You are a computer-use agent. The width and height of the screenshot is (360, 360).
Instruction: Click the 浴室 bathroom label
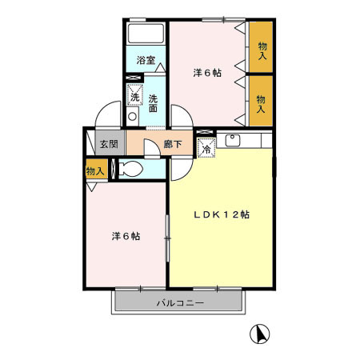tap(146, 60)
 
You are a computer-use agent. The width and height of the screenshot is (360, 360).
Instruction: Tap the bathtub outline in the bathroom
tap(146, 34)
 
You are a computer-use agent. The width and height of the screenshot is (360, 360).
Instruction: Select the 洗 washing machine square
tap(134, 94)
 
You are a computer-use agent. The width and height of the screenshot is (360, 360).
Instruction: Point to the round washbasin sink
tap(132, 116)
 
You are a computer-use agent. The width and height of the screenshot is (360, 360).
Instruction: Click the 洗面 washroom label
tap(153, 103)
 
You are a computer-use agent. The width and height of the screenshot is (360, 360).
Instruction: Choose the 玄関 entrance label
tap(109, 144)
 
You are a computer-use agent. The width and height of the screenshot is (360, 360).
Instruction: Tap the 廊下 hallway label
tap(173, 144)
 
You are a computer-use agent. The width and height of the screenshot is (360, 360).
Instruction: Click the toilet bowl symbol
tap(130, 169)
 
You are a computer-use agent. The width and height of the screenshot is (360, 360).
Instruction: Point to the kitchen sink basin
tap(233, 141)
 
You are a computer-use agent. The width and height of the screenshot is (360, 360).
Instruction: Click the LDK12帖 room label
tap(222, 214)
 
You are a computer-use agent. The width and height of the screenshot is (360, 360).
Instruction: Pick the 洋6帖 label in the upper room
tap(207, 73)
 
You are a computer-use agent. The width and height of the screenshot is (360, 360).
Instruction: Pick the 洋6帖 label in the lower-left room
tap(126, 236)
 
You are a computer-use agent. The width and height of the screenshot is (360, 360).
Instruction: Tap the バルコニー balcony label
tap(180, 303)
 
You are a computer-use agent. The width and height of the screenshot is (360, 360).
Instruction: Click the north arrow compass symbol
tap(259, 334)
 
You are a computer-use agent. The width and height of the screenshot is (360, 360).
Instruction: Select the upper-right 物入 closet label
tap(262, 51)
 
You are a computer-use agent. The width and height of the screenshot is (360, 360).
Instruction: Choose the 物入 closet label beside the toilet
tap(95, 171)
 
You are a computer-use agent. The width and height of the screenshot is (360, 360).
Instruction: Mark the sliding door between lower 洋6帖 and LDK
tap(168, 238)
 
